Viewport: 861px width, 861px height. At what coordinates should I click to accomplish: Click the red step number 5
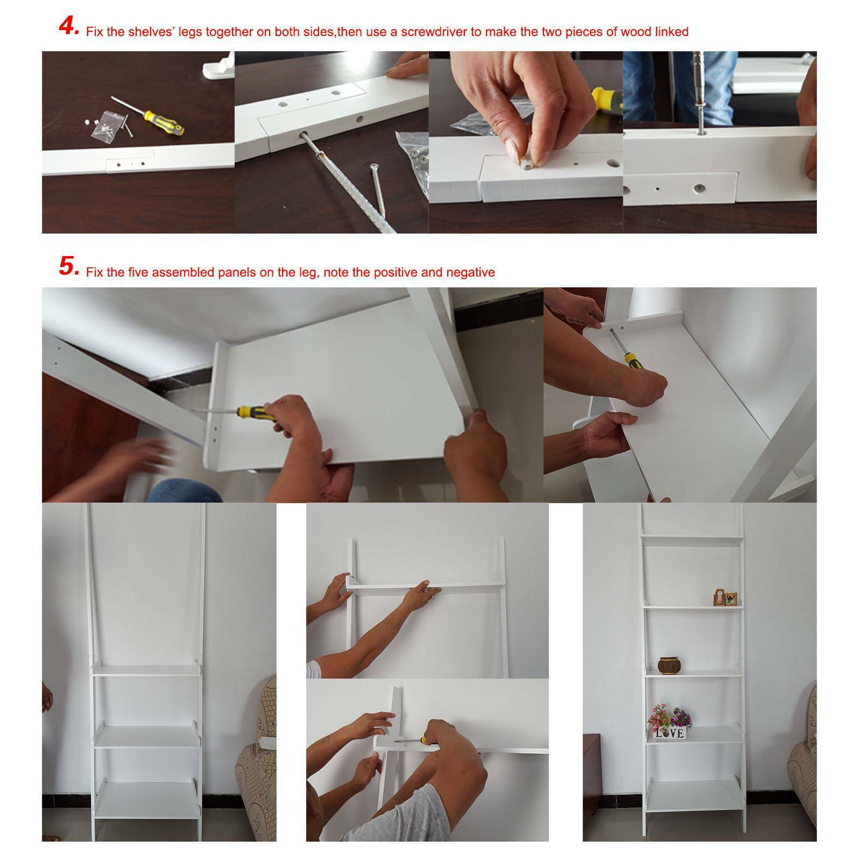[x=69, y=266]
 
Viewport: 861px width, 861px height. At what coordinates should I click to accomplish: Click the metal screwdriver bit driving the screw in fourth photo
[x=701, y=91]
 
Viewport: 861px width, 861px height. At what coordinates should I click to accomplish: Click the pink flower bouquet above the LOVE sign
[x=670, y=715]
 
